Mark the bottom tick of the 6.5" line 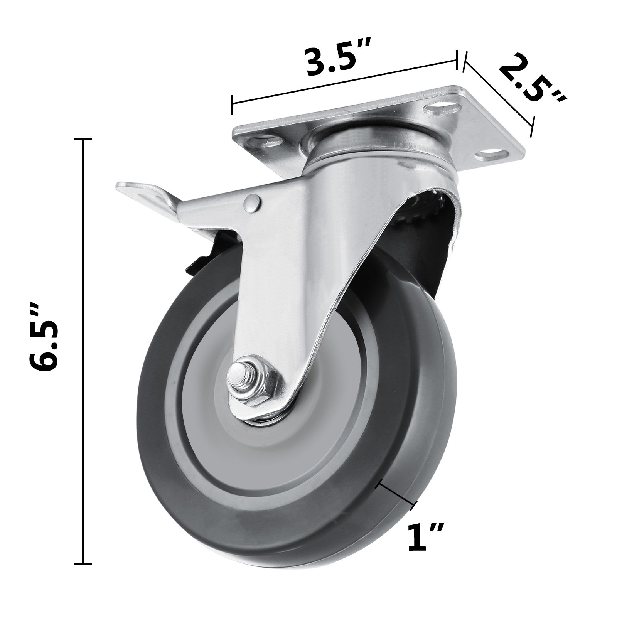82,564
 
